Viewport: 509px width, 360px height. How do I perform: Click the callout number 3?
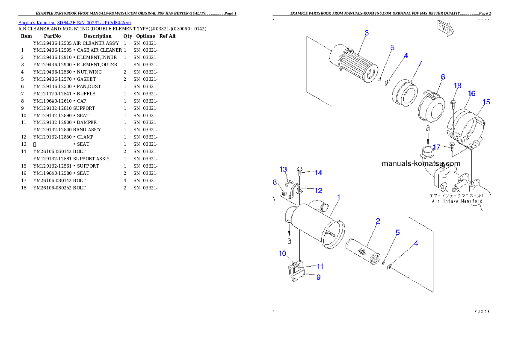(x=367, y=33)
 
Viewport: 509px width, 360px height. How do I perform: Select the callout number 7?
(x=420, y=63)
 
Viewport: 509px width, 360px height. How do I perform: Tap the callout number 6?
(x=443, y=77)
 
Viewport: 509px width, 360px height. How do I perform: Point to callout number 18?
(x=457, y=86)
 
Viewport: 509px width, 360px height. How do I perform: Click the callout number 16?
(x=471, y=94)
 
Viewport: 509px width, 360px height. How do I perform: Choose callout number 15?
(x=486, y=102)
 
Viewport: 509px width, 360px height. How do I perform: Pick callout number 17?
(x=436, y=147)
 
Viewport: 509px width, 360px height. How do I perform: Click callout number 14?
(x=318, y=173)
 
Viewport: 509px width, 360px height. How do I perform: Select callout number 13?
(x=283, y=169)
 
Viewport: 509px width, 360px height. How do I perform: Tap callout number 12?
(x=319, y=191)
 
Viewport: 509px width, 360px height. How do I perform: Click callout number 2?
(x=378, y=221)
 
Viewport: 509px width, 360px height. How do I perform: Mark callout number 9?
(x=318, y=277)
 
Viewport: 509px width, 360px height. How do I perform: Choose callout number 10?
(x=282, y=254)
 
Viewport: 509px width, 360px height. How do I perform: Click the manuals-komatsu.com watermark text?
(x=420, y=163)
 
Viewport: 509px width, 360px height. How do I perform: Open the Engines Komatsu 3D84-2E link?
(x=74, y=22)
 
